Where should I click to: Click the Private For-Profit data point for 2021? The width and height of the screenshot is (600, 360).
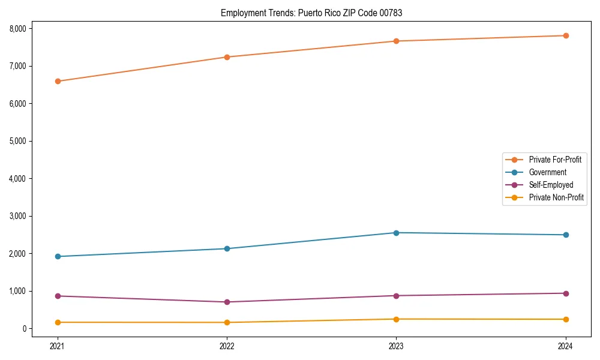(x=58, y=81)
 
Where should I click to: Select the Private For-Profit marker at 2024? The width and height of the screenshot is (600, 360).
(x=566, y=35)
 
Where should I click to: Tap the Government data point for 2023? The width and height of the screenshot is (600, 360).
(x=396, y=233)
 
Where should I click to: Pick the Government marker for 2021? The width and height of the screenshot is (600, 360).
(x=58, y=256)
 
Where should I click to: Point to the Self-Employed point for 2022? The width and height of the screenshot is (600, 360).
(x=227, y=302)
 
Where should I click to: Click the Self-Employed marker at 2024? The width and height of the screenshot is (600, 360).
(x=566, y=293)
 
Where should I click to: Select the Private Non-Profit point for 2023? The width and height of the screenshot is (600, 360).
(x=396, y=319)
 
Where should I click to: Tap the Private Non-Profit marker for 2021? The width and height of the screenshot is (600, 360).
(x=58, y=322)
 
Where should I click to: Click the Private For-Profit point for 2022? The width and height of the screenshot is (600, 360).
(x=227, y=57)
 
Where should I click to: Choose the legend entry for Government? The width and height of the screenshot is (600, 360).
(x=547, y=172)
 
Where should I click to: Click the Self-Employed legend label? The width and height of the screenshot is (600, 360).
(x=551, y=185)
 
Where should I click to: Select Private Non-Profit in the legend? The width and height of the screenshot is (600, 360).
(x=556, y=197)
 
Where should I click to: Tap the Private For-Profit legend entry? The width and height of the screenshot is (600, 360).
(x=555, y=160)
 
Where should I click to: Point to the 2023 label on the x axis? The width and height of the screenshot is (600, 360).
(x=396, y=346)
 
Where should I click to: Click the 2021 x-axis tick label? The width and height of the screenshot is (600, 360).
(x=58, y=346)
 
